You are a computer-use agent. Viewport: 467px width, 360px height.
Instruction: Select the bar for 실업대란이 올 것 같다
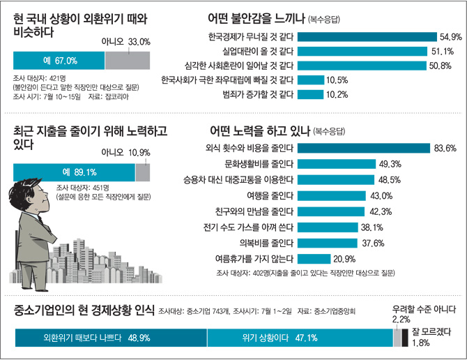pyautogui.click(x=363, y=51)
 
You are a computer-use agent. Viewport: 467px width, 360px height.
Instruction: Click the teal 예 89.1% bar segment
pyautogui.click(x=74, y=172)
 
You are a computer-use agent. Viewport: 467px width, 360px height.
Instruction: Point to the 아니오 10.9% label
pyautogui.click(x=125, y=152)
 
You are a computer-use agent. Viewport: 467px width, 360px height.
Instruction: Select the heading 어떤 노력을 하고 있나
pyautogui.click(x=259, y=130)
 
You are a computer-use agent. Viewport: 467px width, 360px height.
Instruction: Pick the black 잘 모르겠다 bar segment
pyautogui.click(x=406, y=338)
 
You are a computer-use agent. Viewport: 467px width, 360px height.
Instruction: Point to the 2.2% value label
pyautogui.click(x=401, y=319)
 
